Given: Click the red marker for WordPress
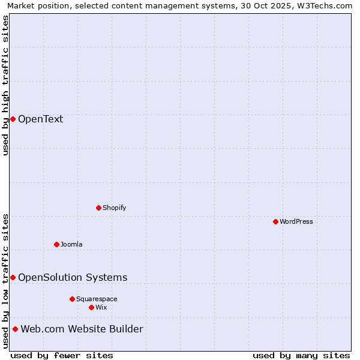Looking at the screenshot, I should (275, 221).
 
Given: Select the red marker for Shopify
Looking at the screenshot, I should (98, 208).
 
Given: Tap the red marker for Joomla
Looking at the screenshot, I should (56, 244).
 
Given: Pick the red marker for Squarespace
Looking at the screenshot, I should (72, 299).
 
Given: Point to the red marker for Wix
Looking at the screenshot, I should (91, 307).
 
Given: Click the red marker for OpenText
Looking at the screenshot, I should (13, 119).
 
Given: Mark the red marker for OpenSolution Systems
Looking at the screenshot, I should (13, 277).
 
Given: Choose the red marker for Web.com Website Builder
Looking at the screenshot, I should (15, 329).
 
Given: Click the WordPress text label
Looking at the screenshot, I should (296, 221).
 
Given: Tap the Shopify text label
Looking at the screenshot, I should (114, 208).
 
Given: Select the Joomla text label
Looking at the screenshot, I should (71, 244).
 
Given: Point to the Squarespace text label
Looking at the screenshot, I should (97, 299).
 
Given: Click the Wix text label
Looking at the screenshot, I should (101, 307).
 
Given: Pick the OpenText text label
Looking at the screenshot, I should (40, 119).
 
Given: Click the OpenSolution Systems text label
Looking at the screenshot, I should (73, 277).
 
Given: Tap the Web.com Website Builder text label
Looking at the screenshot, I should (82, 329).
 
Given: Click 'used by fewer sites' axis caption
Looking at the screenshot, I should (62, 355).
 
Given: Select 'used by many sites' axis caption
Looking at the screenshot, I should (301, 355).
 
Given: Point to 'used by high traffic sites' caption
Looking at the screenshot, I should (5, 85).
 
